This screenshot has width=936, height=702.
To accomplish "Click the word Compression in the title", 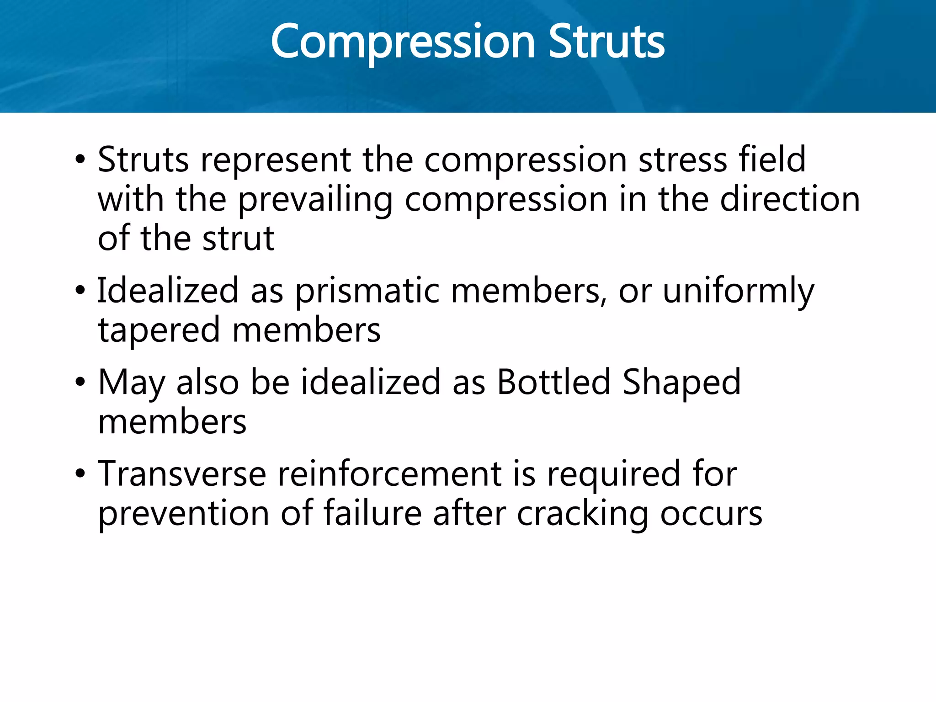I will point(402,42).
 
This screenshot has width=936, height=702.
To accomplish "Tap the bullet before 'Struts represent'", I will point(80,160).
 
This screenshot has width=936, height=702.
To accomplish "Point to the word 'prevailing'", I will point(315,200).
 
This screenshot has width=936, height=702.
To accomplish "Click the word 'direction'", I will point(790,199).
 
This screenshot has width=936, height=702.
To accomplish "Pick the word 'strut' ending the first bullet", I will point(239,239).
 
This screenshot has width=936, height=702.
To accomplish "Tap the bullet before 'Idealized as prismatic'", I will point(80,290).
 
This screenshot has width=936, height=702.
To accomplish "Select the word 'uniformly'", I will point(738,291).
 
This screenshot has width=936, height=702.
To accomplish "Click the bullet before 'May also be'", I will point(80,382).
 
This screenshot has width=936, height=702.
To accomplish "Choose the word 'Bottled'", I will point(553,382).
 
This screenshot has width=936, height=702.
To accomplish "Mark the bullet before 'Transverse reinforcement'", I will point(80,474).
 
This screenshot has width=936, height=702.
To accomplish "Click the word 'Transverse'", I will point(182,474).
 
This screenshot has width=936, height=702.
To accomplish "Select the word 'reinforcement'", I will point(390,474).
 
